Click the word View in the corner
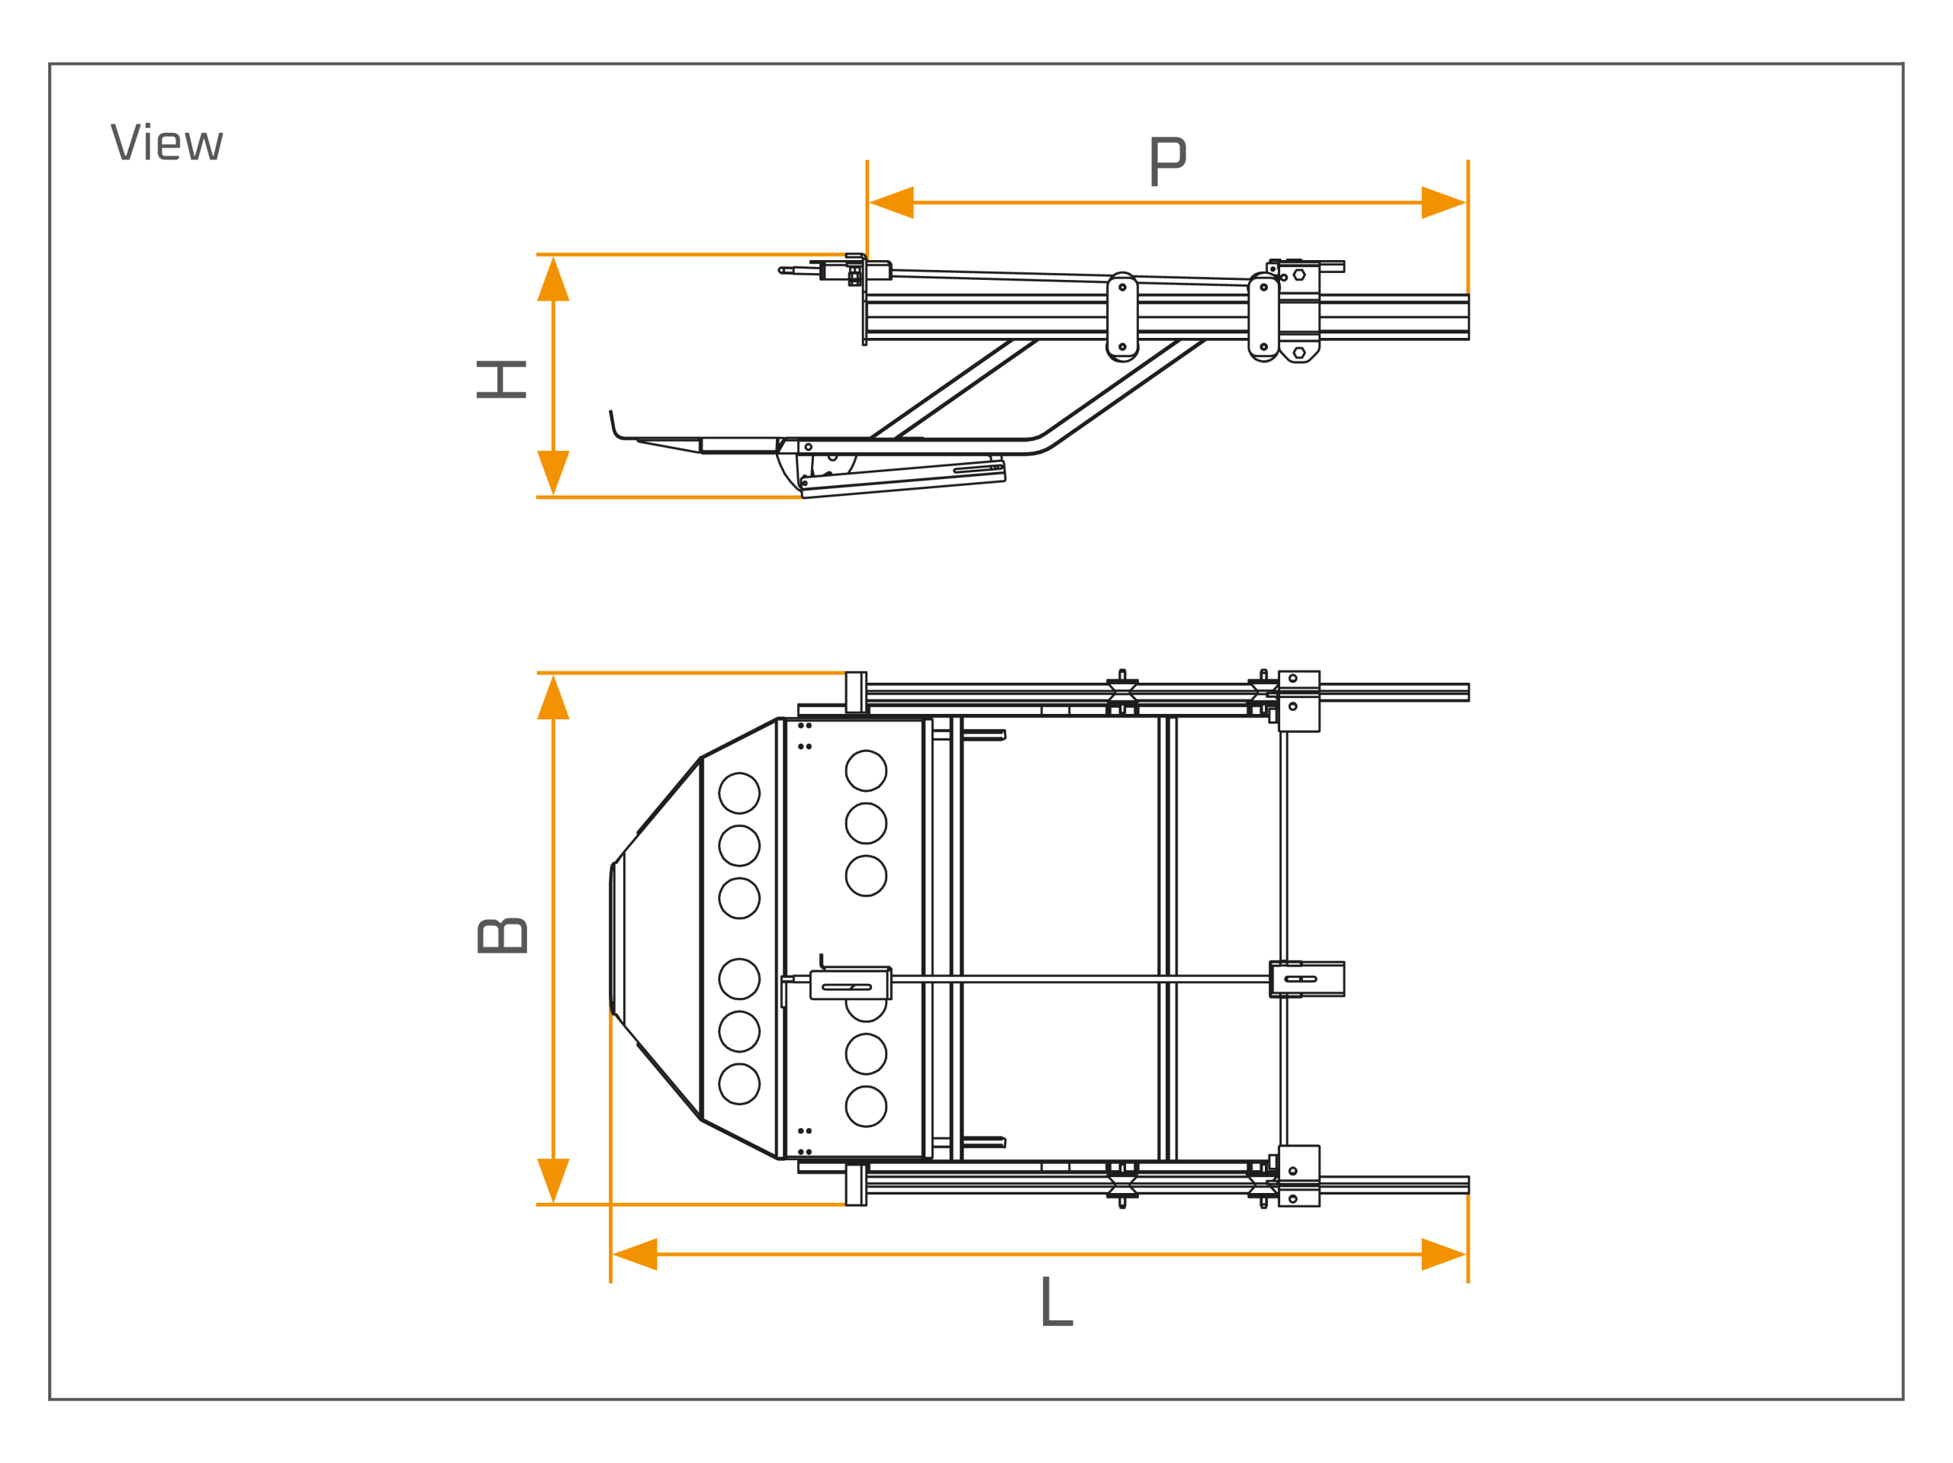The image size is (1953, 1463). pyautogui.click(x=167, y=141)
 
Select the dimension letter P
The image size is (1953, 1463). pyautogui.click(x=1168, y=162)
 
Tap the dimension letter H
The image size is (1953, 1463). pyautogui.click(x=501, y=380)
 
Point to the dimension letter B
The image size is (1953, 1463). pyautogui.click(x=503, y=936)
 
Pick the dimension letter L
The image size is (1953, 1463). pyautogui.click(x=1057, y=1301)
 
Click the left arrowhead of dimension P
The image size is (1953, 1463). pyautogui.click(x=892, y=203)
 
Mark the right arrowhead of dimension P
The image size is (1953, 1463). pyautogui.click(x=1443, y=203)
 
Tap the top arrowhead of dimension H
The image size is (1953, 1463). pyautogui.click(x=554, y=279)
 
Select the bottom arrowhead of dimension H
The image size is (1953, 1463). pyautogui.click(x=554, y=472)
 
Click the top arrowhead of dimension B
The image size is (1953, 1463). pyautogui.click(x=554, y=697)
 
